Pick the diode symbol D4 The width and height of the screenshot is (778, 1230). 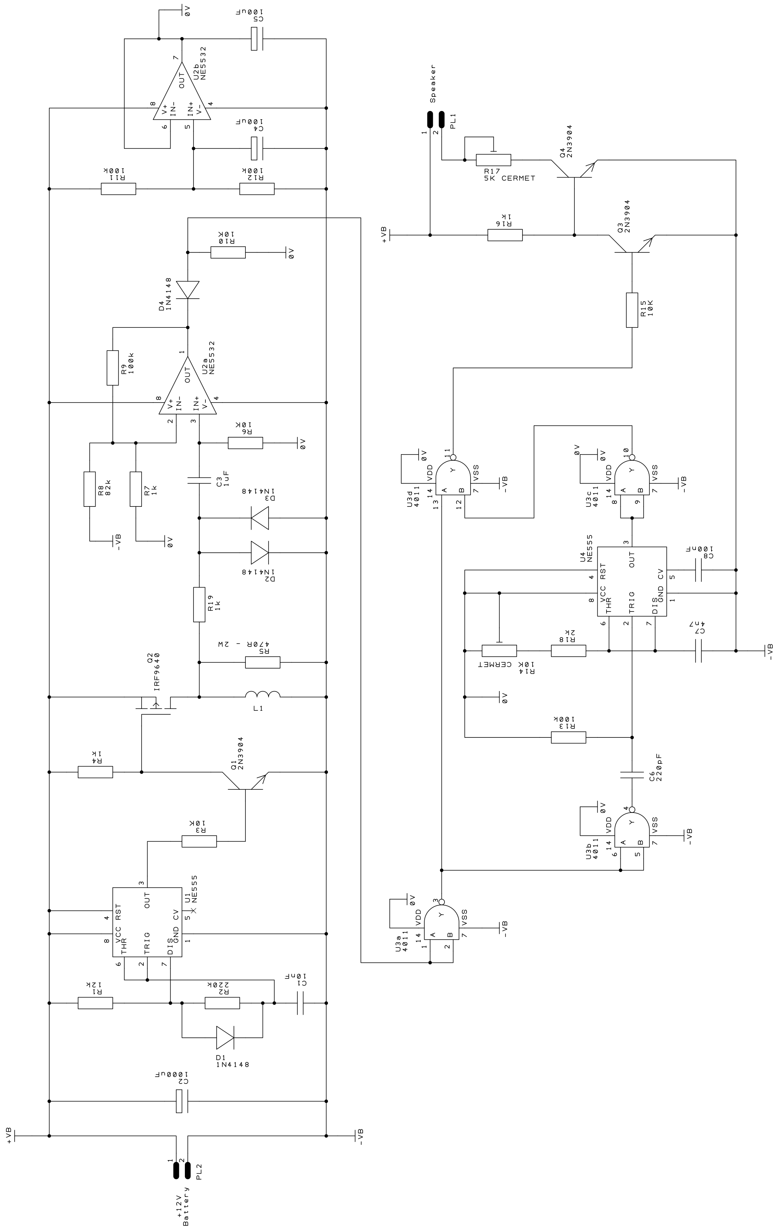[187, 290]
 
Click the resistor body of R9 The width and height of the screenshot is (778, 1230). [113, 368]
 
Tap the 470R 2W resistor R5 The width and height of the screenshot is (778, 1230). [263, 663]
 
